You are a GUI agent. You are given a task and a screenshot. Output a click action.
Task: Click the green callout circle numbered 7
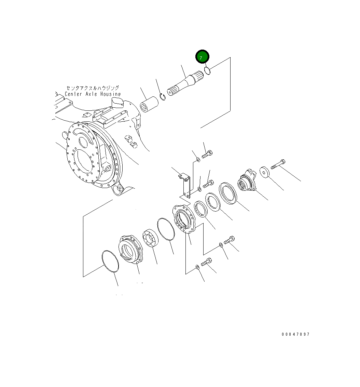click(x=202, y=57)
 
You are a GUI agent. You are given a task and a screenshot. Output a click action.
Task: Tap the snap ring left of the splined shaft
click(x=163, y=97)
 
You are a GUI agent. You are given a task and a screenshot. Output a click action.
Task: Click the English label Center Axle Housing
click(x=93, y=94)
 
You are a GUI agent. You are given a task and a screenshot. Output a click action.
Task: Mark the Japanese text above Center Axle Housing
click(x=93, y=88)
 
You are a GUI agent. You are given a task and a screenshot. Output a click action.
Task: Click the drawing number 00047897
click(x=295, y=334)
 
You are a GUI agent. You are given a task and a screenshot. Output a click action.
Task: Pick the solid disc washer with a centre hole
click(x=265, y=172)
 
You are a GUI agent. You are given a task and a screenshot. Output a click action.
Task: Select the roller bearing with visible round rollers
click(x=151, y=239)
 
